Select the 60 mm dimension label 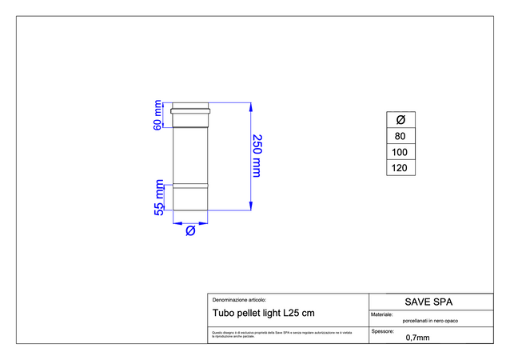click(x=158, y=114)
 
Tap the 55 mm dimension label click(x=159, y=198)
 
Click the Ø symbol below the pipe click(x=191, y=230)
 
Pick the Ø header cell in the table click(x=400, y=119)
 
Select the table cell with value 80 click(x=400, y=136)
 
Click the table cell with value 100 click(x=400, y=152)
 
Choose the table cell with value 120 click(x=400, y=168)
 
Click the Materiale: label click(x=383, y=314)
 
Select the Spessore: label click(x=383, y=330)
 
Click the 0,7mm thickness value click(x=417, y=337)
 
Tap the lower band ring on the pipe click(x=191, y=186)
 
